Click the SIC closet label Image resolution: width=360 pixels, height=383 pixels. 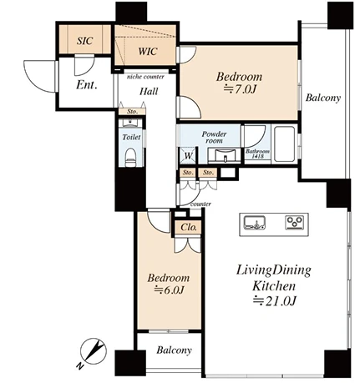84,41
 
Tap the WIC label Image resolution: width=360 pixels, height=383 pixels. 148,52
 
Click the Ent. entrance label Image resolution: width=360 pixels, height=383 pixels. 87,85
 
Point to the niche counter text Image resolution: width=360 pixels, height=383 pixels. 145,77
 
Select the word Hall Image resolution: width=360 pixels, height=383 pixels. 149,91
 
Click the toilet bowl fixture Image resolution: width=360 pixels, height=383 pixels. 130,158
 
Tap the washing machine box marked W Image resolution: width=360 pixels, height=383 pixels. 189,155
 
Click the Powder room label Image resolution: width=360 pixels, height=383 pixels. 214,137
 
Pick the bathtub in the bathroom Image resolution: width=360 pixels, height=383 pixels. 284,144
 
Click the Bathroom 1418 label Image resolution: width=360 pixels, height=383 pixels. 257,154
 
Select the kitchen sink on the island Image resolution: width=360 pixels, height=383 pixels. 255,223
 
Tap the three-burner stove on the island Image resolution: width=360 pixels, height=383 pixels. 295,223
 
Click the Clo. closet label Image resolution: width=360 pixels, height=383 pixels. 189,227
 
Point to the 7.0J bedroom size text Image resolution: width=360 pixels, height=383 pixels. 240,89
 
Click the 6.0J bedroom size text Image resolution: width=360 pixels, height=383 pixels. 170,290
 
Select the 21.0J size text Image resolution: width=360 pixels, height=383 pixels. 274,300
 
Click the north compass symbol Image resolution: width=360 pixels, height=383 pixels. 92,352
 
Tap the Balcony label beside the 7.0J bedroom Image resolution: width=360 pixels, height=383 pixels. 323,98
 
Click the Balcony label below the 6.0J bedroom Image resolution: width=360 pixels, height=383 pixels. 174,350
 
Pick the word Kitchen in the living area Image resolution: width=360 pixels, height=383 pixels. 274,285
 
